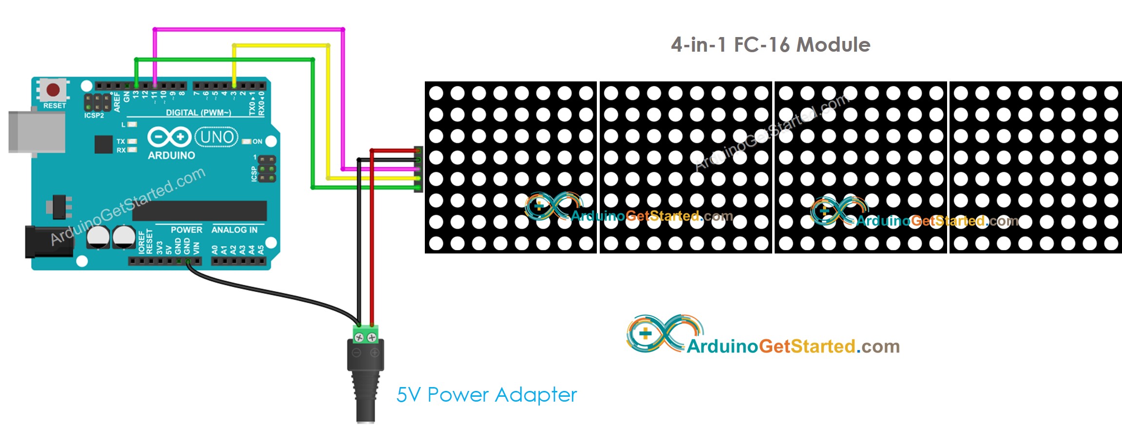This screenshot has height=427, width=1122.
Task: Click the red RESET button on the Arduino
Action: pos(53,90)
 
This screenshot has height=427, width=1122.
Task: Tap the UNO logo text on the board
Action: pos(217,137)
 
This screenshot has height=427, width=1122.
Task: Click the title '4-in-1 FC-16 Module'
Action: pos(770,45)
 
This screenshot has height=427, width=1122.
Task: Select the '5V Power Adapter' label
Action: pos(486,395)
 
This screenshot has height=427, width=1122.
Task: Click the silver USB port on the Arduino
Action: pos(37,132)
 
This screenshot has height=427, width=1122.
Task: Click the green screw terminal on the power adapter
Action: pos(365,335)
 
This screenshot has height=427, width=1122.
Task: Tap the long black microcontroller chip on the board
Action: pos(200,211)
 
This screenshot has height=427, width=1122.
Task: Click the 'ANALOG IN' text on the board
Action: pos(234,230)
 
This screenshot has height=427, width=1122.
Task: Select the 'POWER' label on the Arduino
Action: pos(186,230)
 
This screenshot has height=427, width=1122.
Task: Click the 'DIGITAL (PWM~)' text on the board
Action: pos(198,113)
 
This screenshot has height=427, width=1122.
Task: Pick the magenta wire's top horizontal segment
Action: pos(248,30)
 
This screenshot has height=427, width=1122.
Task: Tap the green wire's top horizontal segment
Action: pos(224,59)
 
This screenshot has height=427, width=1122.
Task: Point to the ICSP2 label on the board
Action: pos(94,116)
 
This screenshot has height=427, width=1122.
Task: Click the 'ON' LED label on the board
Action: pos(257,141)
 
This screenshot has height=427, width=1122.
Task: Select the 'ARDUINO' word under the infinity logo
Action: pos(171,155)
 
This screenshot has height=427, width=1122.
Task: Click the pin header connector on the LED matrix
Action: pos(418,169)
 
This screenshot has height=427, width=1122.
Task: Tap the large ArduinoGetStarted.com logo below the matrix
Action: pos(762,336)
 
